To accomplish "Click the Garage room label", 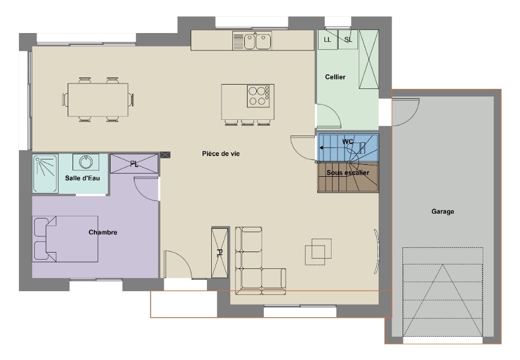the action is [443, 211].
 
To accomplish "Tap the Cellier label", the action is [335, 77].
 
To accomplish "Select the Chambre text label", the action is [103, 232].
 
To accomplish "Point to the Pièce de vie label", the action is [221, 153].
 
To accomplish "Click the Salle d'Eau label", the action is [82, 178].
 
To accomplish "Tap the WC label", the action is [348, 142].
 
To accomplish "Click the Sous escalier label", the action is [348, 172].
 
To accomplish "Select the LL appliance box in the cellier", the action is [328, 40].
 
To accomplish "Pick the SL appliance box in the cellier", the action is [348, 40].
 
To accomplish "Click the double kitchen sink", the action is [252, 41].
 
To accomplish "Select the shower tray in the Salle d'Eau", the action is [45, 173].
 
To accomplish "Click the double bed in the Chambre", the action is [66, 239].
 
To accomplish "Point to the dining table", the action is [98, 100].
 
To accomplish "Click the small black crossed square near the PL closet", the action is [165, 155].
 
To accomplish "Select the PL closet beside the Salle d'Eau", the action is [134, 164].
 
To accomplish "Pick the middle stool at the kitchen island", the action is [248, 122].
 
